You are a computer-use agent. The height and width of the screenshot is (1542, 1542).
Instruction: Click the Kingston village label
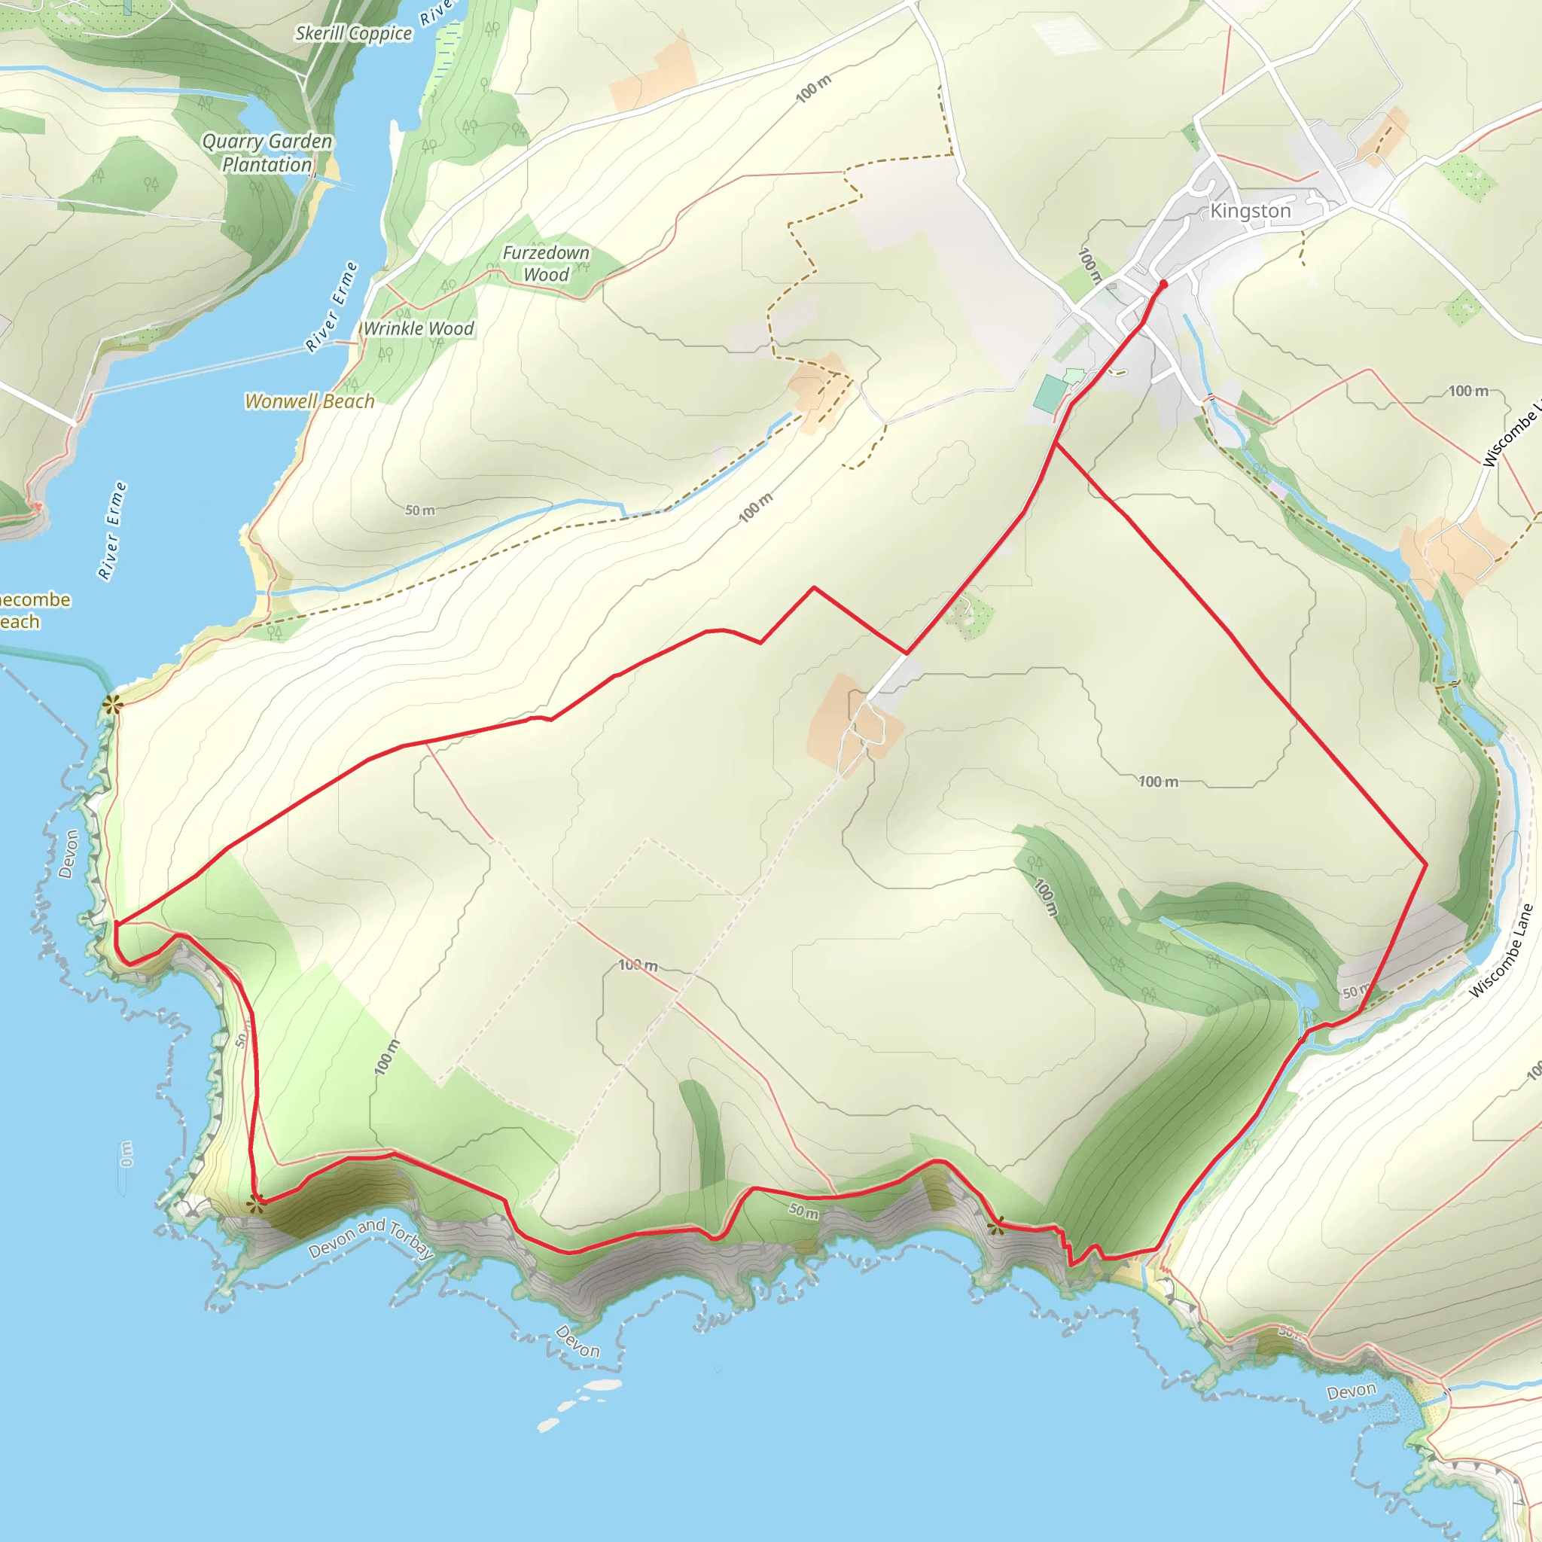(x=1250, y=211)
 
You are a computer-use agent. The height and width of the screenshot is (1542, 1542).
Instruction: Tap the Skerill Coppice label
(x=353, y=34)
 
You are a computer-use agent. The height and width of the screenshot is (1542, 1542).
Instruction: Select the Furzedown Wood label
(x=546, y=264)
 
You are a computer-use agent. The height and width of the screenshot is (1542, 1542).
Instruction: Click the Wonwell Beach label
(x=309, y=401)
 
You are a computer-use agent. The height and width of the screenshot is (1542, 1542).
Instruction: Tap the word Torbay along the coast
(x=411, y=1239)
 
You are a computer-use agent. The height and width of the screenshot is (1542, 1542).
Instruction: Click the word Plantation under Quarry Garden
(x=267, y=165)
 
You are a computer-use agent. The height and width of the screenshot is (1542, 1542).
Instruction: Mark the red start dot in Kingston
(x=1163, y=284)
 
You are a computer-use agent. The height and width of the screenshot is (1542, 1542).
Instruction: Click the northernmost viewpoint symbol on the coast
(x=111, y=703)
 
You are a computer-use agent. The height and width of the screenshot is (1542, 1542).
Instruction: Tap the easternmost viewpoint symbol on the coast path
(x=995, y=1226)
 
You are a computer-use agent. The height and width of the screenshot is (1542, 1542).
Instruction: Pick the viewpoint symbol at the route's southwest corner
(x=254, y=1205)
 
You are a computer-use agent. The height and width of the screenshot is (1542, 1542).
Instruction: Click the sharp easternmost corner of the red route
(x=1426, y=864)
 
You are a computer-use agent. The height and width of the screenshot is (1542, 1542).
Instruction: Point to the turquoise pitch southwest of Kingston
(x=1051, y=394)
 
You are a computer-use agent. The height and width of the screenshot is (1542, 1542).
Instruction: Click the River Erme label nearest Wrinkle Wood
(x=332, y=306)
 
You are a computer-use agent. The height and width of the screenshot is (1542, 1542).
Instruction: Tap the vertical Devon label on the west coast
(x=69, y=854)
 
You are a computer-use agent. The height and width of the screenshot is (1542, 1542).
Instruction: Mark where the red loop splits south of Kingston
(x=1055, y=443)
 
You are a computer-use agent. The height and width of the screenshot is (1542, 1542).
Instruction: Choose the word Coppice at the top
(x=380, y=34)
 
